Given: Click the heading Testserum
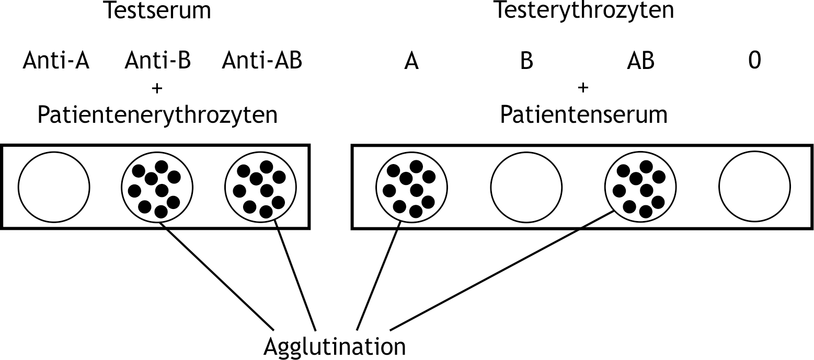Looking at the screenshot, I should coord(157,10).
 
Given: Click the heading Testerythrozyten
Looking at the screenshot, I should coord(583,10).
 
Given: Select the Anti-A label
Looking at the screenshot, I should coord(56,62).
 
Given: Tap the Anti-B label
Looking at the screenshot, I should coord(157,62).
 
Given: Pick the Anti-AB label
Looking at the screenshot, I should coord(261,62).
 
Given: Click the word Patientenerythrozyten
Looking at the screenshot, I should coord(157,115).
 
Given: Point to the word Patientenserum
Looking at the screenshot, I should coord(583,115).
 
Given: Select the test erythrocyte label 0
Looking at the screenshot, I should coord(754,62).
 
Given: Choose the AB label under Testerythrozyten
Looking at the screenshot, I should coord(640,62).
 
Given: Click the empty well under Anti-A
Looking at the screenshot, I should coord(54,187).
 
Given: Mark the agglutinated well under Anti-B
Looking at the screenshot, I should coord(157,187).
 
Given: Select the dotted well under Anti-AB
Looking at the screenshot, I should coord(261,187).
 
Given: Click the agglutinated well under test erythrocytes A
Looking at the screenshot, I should coord(411,187).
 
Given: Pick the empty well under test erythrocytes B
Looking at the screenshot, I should coord(526,187).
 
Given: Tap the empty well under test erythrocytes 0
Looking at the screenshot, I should coord(754,187).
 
